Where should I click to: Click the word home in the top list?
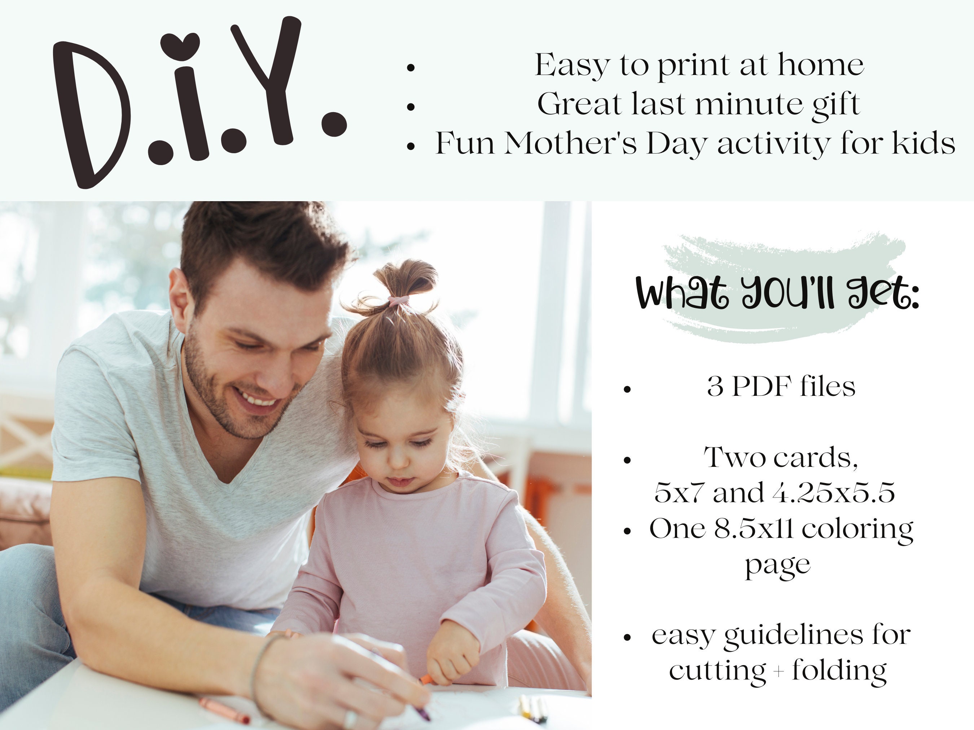[820, 65]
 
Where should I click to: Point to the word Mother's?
[570, 143]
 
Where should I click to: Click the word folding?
[839, 671]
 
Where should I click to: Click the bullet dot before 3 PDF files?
[627, 389]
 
